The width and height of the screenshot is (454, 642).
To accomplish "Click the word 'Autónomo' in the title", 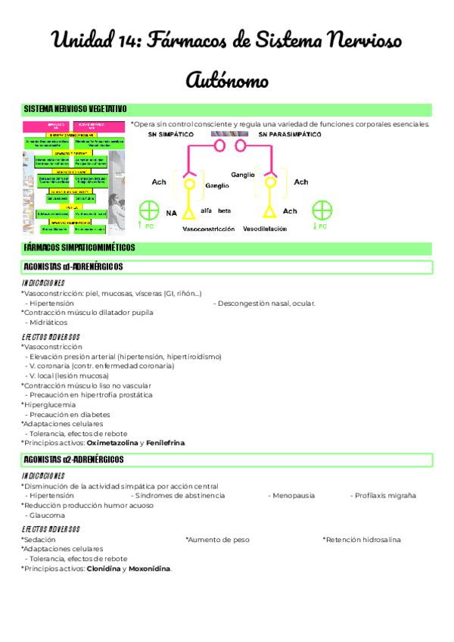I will [226, 79].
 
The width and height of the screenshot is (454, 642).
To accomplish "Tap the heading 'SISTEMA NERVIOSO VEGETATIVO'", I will [75, 110].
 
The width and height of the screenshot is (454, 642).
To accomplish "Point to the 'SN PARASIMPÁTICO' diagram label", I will [290, 134].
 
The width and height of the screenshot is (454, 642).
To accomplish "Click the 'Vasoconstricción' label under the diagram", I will [208, 228].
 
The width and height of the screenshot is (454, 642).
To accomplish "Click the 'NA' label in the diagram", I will [171, 213].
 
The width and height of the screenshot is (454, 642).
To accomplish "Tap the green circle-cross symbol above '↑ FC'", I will [149, 210].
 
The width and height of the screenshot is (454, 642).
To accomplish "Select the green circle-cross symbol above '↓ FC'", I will [323, 210].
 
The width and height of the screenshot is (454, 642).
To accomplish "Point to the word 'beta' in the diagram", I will [224, 210].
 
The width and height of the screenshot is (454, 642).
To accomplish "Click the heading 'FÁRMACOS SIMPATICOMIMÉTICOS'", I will [79, 248].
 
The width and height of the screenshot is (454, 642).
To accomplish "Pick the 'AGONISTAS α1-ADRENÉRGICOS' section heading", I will [73, 267].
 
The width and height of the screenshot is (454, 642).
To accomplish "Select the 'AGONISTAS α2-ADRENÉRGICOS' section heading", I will [73, 460].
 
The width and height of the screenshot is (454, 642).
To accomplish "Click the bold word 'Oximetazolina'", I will [113, 442].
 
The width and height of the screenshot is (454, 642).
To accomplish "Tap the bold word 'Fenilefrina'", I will [165, 442].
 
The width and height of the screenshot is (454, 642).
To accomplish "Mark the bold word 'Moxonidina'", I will [149, 569].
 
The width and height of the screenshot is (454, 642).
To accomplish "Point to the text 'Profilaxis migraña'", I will [384, 495].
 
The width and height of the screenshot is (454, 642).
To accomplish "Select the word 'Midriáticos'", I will [48, 322].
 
